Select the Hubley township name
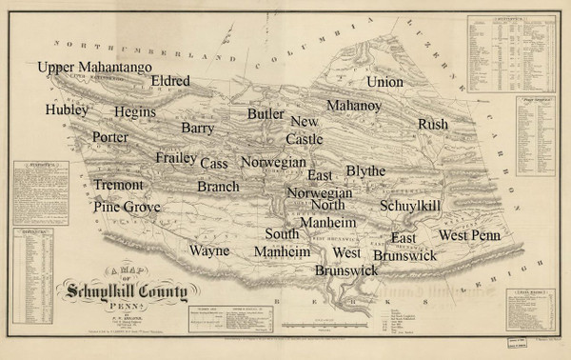66,110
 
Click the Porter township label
110,137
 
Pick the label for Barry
198,127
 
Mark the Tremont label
118,184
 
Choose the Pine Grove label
127,207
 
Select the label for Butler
266,114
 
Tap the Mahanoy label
353,105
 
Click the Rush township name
432,125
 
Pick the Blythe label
365,170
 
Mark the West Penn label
469,234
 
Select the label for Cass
214,164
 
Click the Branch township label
218,187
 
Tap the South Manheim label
282,243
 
